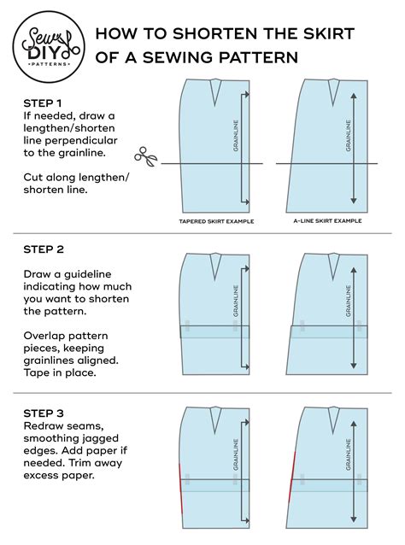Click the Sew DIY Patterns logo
coord(48,45)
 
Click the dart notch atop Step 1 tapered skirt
coord(214,88)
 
